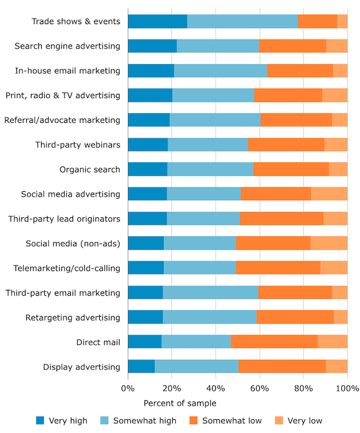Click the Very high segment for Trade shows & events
[x=157, y=21]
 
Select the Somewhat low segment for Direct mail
[x=274, y=342]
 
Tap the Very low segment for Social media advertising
[x=329, y=194]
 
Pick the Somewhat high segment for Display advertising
[x=197, y=367]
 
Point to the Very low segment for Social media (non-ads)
[x=329, y=243]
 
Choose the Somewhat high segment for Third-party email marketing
[x=211, y=293]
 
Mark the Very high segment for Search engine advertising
[x=153, y=46]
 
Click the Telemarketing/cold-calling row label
[x=67, y=268]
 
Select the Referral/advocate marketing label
[x=62, y=120]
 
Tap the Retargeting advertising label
[x=73, y=318]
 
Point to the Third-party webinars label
[x=78, y=145]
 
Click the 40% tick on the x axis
[x=215, y=389]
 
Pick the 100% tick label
[x=347, y=389]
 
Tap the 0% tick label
[x=128, y=389]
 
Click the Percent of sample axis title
[x=180, y=403]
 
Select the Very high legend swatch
[x=41, y=420]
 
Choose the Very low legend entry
[x=305, y=420]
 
